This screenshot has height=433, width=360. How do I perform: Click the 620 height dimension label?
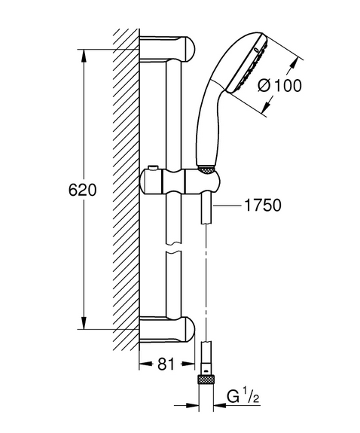click(x=83, y=190)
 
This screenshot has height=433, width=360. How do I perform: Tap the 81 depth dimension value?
click(x=166, y=364)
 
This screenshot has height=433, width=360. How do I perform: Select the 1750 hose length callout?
click(x=263, y=205)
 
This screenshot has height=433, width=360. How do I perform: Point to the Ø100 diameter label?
click(x=279, y=85)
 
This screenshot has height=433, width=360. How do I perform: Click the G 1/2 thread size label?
click(x=243, y=397)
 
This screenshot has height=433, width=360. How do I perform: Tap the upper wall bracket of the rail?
click(x=167, y=49)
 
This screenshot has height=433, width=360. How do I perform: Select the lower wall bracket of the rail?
click(x=167, y=329)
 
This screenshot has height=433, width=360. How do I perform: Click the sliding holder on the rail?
click(x=180, y=182)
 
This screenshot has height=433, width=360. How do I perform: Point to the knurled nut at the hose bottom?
click(x=206, y=379)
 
